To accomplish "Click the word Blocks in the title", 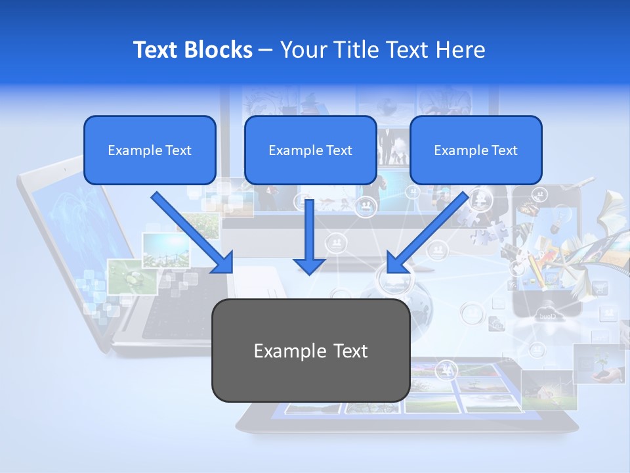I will pos(219,50).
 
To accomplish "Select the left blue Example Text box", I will pos(150,150).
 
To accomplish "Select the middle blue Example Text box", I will pos(310,150).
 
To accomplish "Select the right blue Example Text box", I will pos(476,150).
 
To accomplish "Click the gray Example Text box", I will pos(310,350).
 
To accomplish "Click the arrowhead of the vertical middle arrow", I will pos(309,265).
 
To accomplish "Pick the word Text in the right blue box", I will pos(504,150).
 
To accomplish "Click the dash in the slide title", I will pos(266,50).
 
